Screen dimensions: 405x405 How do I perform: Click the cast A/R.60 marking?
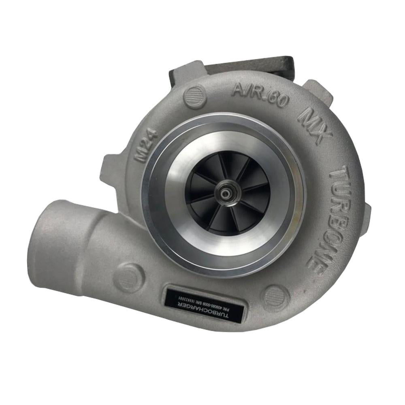click(x=259, y=94)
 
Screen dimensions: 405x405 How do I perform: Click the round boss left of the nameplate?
click(x=129, y=277)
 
